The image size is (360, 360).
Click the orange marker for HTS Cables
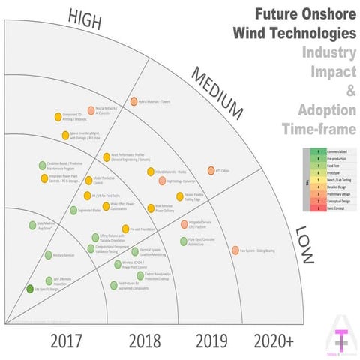211,170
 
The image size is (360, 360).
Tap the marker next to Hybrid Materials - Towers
133,100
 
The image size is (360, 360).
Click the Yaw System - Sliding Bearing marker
235,251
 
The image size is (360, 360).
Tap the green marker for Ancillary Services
40,255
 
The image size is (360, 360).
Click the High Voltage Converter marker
162,181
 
